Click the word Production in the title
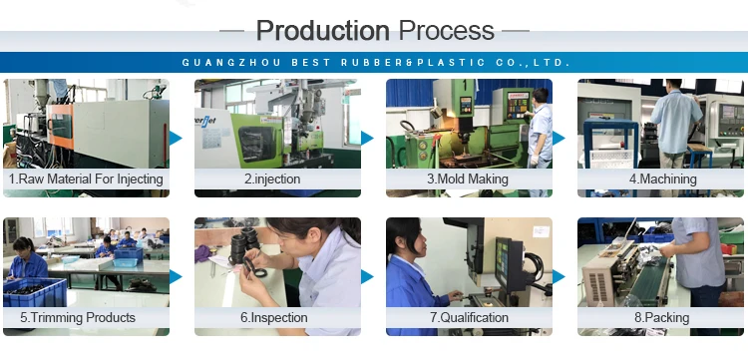[323, 31]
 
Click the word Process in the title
[447, 31]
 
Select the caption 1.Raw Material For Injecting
[86, 180]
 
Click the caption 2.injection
[272, 180]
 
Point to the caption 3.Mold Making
[468, 180]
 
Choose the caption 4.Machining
[662, 180]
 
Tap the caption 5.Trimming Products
[78, 317]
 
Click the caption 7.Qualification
[470, 317]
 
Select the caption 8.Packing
[661, 317]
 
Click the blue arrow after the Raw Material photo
[176, 139]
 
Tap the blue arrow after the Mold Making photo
[559, 139]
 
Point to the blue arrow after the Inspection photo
[367, 276]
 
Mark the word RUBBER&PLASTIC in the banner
[413, 63]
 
